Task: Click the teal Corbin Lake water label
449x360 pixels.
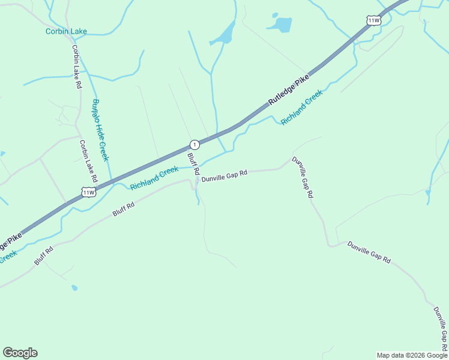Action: click(66, 31)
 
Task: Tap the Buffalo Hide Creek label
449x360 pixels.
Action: click(100, 130)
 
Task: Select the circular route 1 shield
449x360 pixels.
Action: click(194, 145)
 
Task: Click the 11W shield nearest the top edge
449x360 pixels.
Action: click(373, 20)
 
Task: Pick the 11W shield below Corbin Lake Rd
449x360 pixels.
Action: click(89, 192)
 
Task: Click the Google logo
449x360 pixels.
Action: click(20, 353)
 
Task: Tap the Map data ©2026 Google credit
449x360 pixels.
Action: click(412, 355)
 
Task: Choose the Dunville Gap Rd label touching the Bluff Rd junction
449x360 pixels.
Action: click(224, 176)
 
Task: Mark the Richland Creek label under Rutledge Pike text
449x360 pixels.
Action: click(302, 107)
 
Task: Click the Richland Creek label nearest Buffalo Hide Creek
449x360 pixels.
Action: click(154, 178)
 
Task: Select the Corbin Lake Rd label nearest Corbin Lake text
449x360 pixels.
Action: click(76, 67)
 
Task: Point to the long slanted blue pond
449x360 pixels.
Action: click(223, 34)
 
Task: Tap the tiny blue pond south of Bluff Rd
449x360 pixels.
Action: click(74, 288)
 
